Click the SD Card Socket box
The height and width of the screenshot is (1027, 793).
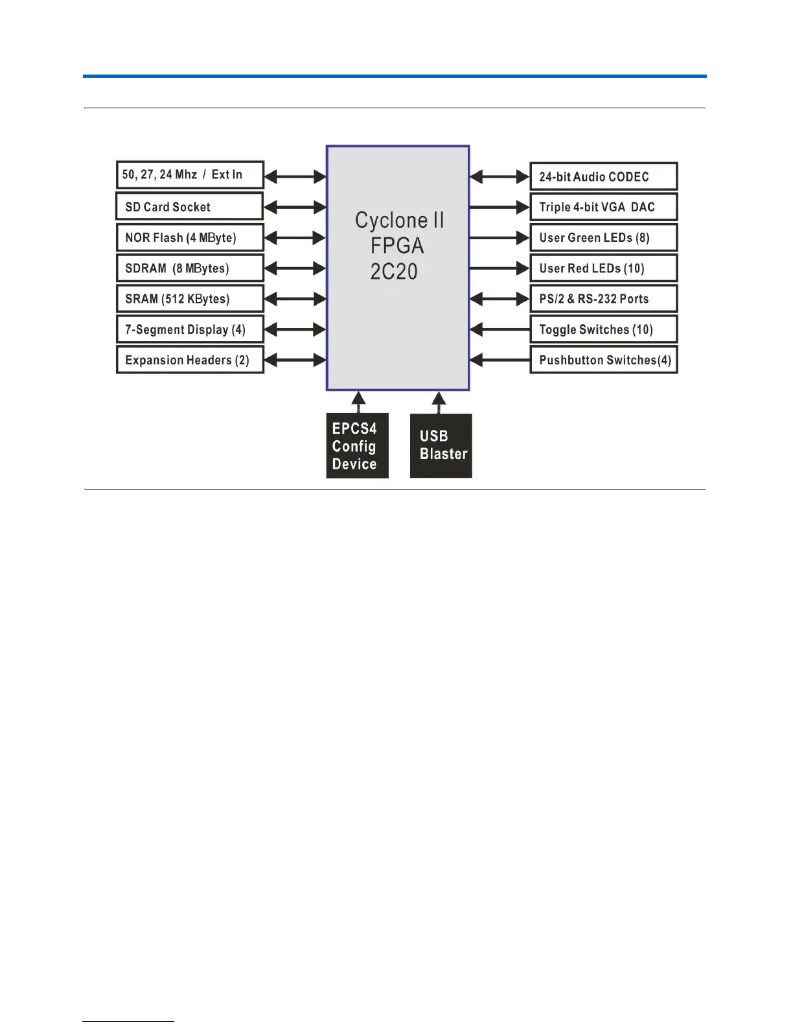pyautogui.click(x=189, y=207)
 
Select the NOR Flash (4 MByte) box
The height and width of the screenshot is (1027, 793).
pyautogui.click(x=189, y=237)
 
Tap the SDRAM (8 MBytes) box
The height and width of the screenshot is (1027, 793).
pyautogui.click(x=189, y=268)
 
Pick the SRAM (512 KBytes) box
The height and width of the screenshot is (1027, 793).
pyautogui.click(x=189, y=299)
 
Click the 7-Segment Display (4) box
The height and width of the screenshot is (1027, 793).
pyautogui.click(x=189, y=329)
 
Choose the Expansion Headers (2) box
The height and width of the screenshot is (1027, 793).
pyautogui.click(x=189, y=360)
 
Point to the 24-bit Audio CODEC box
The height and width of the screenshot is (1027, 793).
pyautogui.click(x=603, y=176)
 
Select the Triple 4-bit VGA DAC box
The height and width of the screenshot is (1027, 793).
pyautogui.click(x=603, y=207)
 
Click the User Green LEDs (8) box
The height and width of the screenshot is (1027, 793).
pyautogui.click(x=603, y=237)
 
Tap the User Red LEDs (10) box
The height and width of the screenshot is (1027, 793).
pyautogui.click(x=603, y=268)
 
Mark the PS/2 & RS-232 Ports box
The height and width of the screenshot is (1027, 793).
pyautogui.click(x=603, y=299)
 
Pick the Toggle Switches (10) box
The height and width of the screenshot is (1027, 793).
pyautogui.click(x=603, y=329)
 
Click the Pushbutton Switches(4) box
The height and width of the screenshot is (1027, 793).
pyautogui.click(x=603, y=360)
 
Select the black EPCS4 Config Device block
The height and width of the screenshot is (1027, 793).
pyautogui.click(x=357, y=446)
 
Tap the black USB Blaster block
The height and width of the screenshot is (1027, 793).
pyautogui.click(x=441, y=446)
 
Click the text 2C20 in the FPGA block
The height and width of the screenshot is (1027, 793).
pyautogui.click(x=394, y=271)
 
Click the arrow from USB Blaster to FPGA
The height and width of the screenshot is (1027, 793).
pyautogui.click(x=439, y=402)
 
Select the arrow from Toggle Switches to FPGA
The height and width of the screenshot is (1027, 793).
pyautogui.click(x=500, y=329)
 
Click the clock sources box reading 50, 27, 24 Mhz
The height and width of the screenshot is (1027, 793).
pyautogui.click(x=189, y=174)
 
